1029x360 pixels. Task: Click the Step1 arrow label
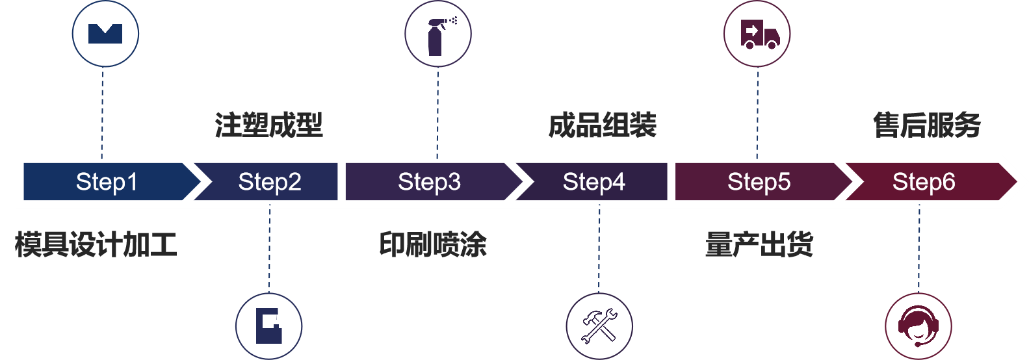[107, 182]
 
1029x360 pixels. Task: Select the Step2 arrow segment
[269, 182]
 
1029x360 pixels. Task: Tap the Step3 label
[429, 182]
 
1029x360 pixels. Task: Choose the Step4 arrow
[593, 182]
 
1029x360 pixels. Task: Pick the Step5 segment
[759, 182]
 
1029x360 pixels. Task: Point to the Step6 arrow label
[923, 182]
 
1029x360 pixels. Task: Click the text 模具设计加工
[96, 245]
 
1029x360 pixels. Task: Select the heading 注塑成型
[268, 125]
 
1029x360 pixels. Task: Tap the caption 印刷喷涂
[433, 245]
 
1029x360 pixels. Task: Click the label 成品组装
[602, 125]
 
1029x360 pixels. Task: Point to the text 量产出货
[759, 245]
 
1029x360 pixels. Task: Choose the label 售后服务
[926, 125]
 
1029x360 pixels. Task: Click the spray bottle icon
[437, 34]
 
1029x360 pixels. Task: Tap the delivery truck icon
[757, 34]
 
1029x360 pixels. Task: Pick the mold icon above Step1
[105, 34]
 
